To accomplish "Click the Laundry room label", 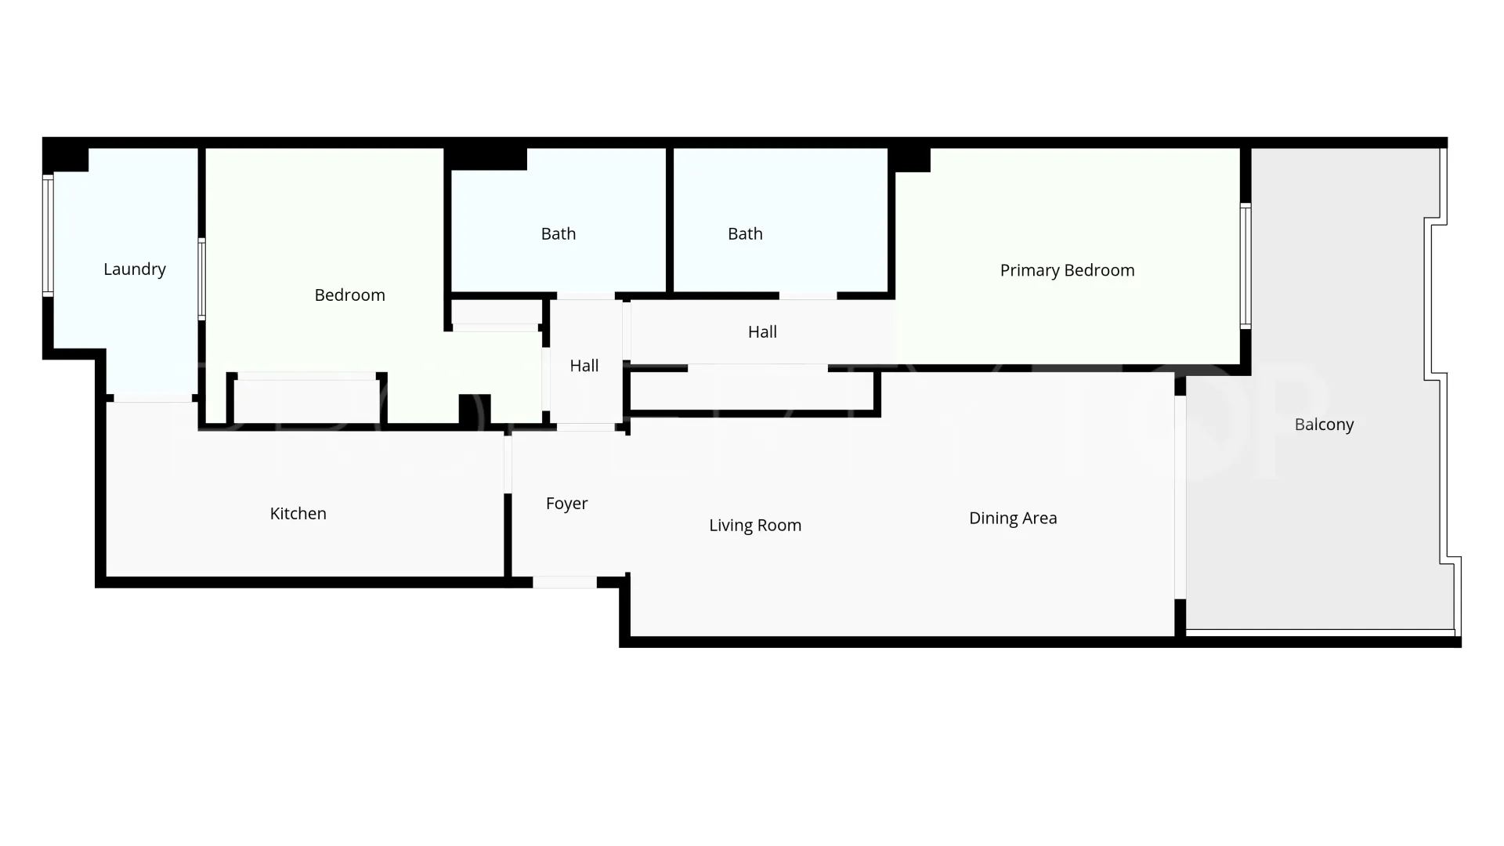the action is pos(135,269).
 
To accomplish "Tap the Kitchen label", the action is pos(298,514).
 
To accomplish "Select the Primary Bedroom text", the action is pos(1068,270).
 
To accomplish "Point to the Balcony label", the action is pos(1325,425).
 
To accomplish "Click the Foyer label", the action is pos(567,504).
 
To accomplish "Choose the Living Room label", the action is pos(755,526).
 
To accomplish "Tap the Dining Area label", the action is pos(1013,519).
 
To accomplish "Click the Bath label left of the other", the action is pos(559,233).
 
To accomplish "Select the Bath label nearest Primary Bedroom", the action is pos(745,233).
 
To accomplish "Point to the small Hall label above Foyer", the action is pos(584,366).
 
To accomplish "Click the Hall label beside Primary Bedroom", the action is pos(762,332).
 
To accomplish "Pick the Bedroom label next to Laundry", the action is pos(350,295).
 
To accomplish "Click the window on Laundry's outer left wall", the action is pos(48,236).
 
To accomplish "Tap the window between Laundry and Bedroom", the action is pos(201,279).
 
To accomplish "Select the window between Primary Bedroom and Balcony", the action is pos(1245,266).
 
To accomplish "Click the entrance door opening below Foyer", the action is pos(565,582).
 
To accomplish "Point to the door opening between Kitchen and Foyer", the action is pos(508,464).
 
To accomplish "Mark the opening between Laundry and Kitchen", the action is pos(153,398).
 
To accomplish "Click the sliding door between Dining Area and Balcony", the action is pos(1180,497).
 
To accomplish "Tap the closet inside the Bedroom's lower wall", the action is pos(306,400).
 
